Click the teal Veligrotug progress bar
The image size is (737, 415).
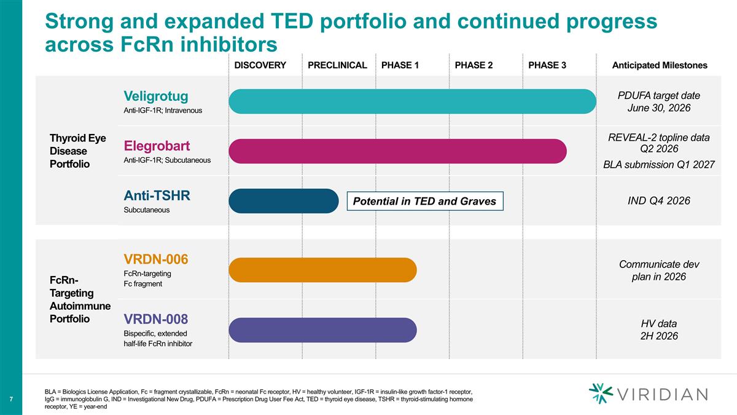[412, 101]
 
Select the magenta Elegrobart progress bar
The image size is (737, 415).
[397, 151]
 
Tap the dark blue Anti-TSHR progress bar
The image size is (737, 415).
[284, 200]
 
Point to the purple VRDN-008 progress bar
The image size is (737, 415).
[323, 330]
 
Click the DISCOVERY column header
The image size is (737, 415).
[260, 65]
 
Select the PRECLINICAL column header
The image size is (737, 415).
[337, 65]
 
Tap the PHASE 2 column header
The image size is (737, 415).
[474, 65]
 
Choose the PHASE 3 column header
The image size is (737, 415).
[547, 65]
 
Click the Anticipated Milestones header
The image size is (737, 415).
[660, 65]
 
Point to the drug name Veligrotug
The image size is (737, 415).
[156, 96]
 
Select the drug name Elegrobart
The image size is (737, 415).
[157, 146]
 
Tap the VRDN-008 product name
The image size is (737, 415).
[156, 318]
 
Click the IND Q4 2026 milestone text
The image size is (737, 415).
[660, 201]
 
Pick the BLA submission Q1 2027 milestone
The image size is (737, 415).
[660, 164]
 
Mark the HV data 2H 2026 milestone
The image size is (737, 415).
[660, 330]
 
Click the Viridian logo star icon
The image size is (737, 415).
[600, 393]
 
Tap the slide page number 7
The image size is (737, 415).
[11, 400]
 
